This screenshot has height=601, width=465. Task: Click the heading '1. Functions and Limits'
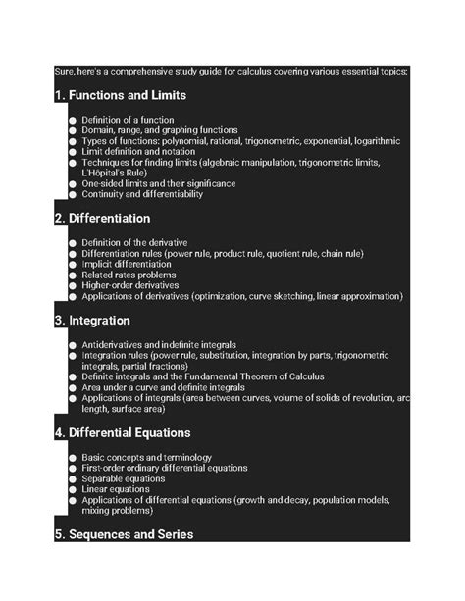[120, 96]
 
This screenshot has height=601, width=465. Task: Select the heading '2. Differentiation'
[102, 218]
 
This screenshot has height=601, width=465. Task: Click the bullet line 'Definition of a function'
[129, 119]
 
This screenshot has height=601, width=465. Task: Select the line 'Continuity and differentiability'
[142, 194]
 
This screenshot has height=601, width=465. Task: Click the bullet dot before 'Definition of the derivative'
[73, 241]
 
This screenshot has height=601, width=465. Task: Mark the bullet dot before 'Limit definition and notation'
[73, 151]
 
